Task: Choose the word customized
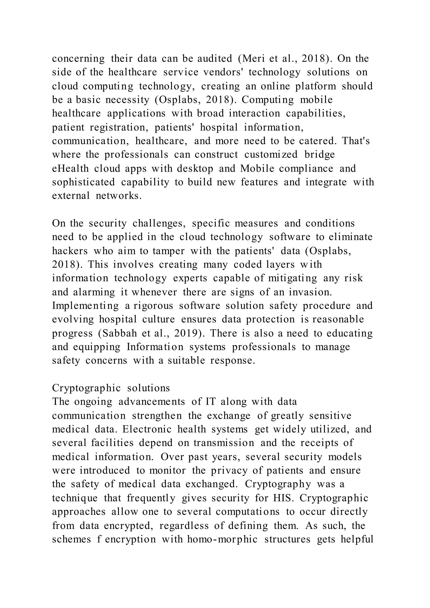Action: (x=271, y=155)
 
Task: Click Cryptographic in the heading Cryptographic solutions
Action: (x=86, y=388)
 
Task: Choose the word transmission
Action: (x=224, y=443)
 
